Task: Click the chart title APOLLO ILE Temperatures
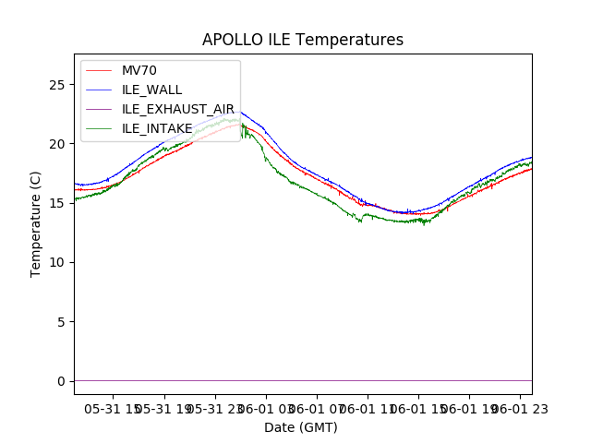click(303, 41)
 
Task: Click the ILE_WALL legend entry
click(151, 90)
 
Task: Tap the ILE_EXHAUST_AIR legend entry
click(178, 109)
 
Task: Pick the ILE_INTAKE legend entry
click(157, 128)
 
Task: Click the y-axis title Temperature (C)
click(36, 224)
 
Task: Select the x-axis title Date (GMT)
click(301, 427)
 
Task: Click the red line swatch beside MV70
click(99, 71)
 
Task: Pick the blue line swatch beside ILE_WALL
click(99, 90)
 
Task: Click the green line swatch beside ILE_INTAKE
click(99, 128)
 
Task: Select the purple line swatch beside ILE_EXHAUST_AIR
click(99, 109)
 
